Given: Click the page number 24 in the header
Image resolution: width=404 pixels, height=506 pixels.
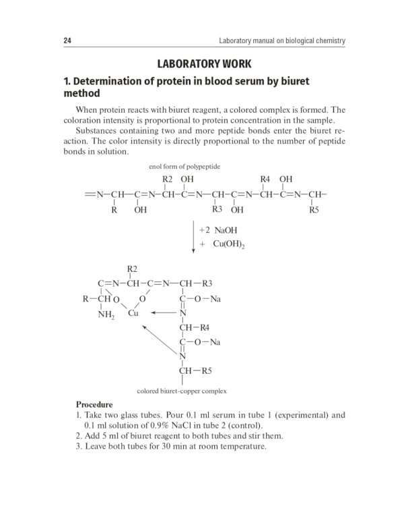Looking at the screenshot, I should pos(67,41).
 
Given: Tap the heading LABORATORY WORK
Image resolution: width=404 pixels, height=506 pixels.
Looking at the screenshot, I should pos(203,64).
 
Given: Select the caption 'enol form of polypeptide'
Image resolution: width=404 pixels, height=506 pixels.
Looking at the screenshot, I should pos(184,166).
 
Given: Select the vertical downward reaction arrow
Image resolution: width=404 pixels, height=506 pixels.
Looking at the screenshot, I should pos(193,236).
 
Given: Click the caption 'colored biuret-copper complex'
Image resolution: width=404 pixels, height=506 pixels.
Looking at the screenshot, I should pos(182,391).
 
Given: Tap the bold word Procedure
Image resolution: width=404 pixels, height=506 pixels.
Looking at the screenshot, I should pos(94,404).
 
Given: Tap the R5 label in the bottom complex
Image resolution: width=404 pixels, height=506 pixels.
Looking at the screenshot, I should pos(207,370).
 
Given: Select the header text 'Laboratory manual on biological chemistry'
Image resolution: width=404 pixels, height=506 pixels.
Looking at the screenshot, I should pos(282,41).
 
